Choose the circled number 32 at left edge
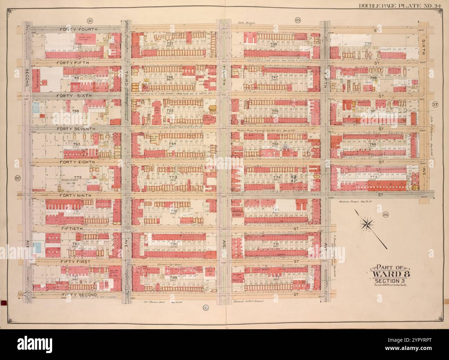pyautogui.click(x=17, y=178)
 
